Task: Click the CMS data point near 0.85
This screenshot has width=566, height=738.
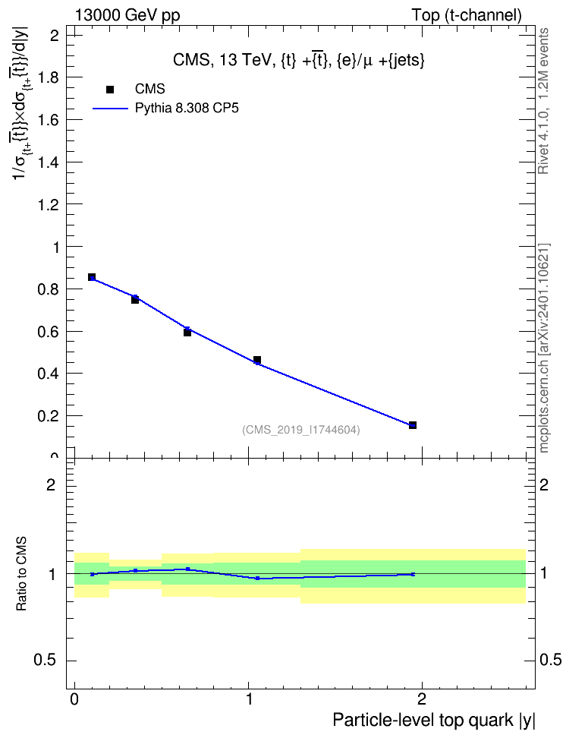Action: click(x=92, y=277)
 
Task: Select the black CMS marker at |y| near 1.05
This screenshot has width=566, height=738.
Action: click(x=257, y=360)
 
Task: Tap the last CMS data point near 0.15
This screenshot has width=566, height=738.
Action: click(x=413, y=425)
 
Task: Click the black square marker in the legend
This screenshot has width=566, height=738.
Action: click(x=110, y=89)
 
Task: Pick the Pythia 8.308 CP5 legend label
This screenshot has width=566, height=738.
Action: click(x=187, y=109)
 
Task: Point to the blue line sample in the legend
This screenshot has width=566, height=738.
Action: click(x=111, y=109)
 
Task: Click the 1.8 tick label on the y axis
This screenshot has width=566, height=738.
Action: click(x=48, y=77)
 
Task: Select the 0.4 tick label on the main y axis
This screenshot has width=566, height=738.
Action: click(x=48, y=374)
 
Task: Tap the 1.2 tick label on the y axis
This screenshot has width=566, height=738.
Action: click(x=48, y=204)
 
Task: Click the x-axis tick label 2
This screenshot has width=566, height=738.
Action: click(x=422, y=699)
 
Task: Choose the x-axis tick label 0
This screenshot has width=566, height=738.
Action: click(x=75, y=699)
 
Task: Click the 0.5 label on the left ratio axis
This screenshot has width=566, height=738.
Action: click(x=46, y=661)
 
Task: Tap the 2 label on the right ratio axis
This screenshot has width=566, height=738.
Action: click(x=544, y=484)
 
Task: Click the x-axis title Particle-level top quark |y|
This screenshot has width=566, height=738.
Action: click(x=434, y=720)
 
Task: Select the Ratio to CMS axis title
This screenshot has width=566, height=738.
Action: click(x=22, y=574)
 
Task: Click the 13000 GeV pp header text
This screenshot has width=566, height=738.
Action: click(x=127, y=15)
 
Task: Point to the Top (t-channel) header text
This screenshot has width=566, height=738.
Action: click(x=467, y=15)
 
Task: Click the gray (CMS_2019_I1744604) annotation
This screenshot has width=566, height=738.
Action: click(x=301, y=430)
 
